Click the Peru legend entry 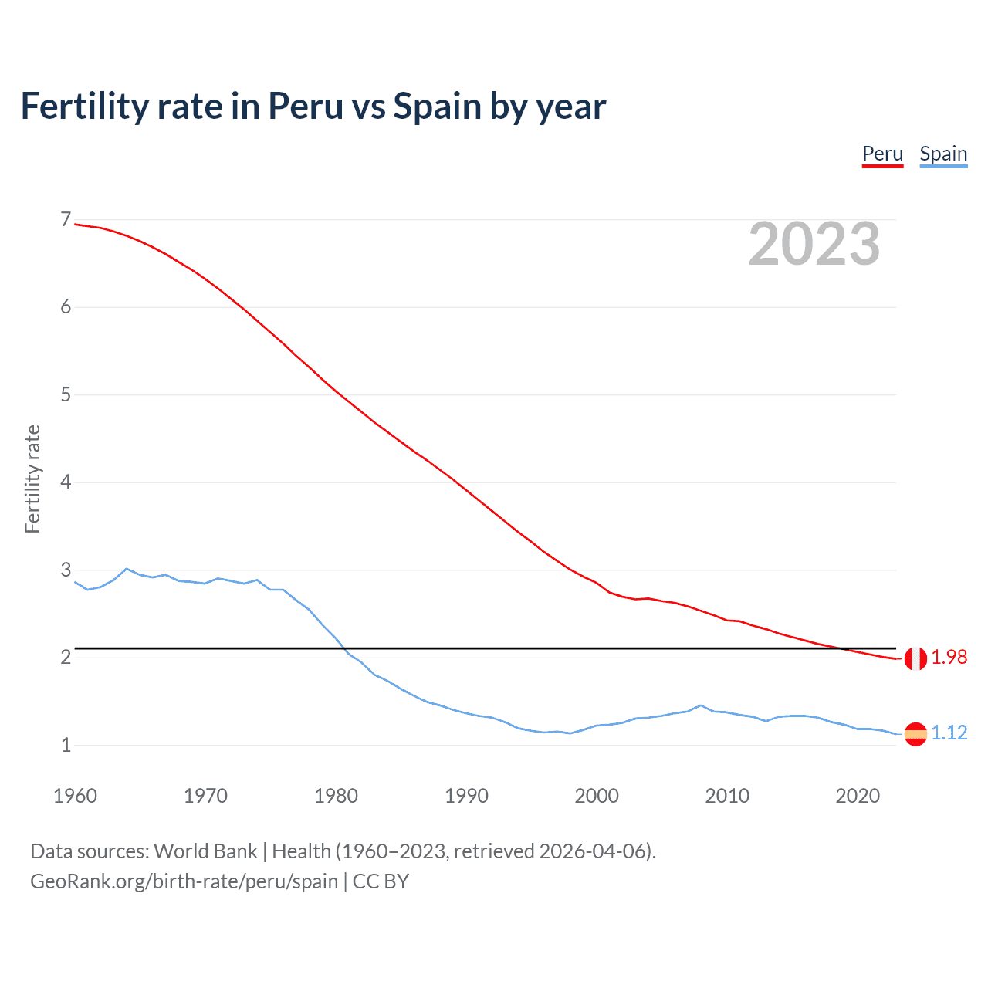click(882, 154)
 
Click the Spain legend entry click(943, 154)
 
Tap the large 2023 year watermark click(814, 244)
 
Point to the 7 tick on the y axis click(66, 220)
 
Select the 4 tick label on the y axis click(66, 482)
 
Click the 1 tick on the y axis click(66, 746)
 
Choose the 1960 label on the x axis click(75, 796)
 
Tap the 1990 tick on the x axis click(466, 796)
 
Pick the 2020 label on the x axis click(858, 796)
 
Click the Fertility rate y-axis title click(32, 479)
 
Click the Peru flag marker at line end click(915, 658)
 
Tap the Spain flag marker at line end click(915, 733)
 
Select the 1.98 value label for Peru click(949, 657)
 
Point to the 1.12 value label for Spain click(949, 733)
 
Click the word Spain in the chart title click(437, 107)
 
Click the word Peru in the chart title click(306, 107)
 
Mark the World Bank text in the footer click(205, 851)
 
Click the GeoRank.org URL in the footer click(184, 881)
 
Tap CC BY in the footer click(381, 881)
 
